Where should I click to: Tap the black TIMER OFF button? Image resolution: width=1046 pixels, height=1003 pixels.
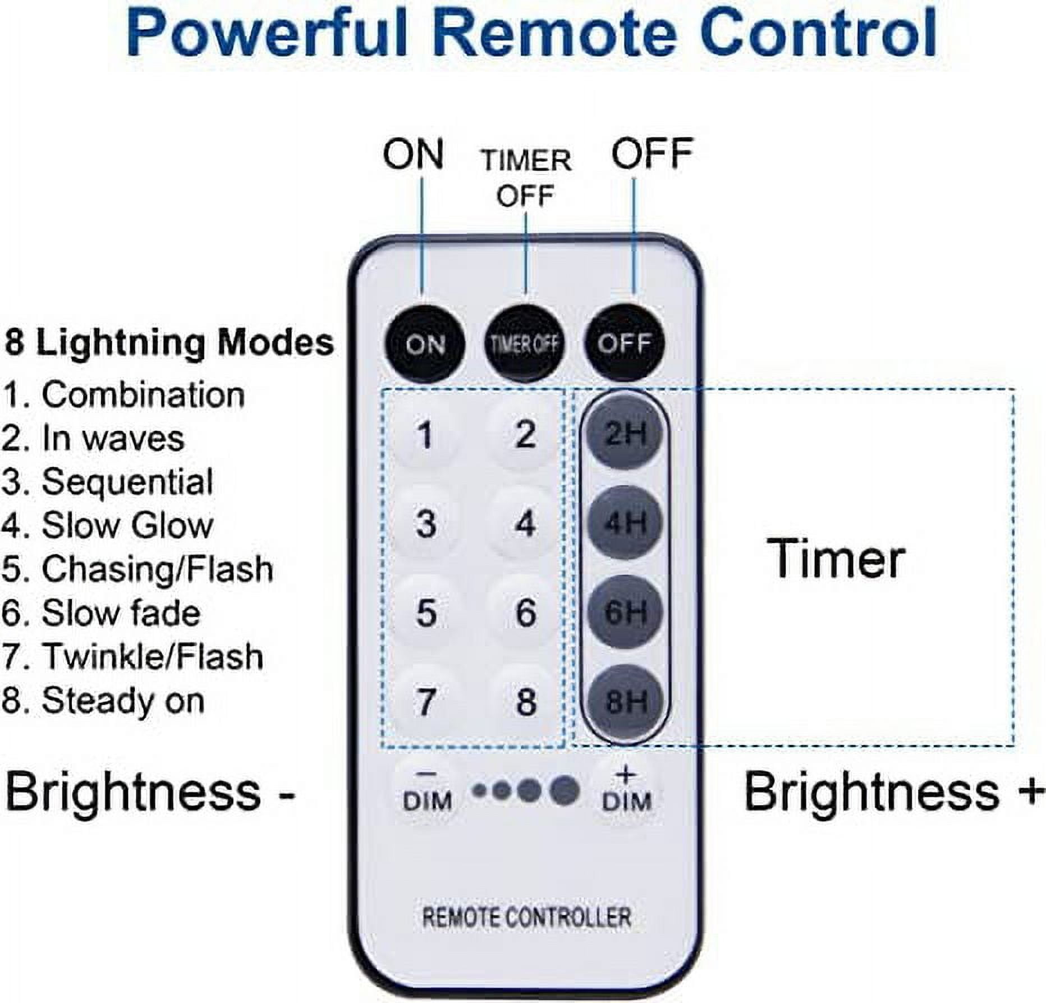[x=525, y=343]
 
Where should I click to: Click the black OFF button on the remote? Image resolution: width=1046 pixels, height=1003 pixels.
[x=624, y=343]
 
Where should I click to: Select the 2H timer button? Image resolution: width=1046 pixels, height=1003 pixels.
[x=625, y=434]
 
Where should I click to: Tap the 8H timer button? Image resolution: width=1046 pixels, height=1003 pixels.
[x=625, y=701]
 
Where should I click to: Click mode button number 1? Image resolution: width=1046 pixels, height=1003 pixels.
[x=425, y=434]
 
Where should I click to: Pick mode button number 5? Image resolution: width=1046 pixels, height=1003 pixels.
[x=426, y=612]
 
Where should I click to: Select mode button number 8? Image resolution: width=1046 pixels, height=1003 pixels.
[x=525, y=701]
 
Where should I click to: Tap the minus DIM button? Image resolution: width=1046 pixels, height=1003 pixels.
[x=427, y=790]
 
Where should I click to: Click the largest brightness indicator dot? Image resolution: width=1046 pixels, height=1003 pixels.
[x=565, y=790]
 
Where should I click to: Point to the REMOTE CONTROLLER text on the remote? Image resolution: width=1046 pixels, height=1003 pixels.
[x=526, y=917]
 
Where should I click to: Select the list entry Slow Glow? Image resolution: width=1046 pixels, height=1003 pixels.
[x=107, y=526]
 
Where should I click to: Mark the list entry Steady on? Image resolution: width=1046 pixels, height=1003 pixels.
[x=103, y=701]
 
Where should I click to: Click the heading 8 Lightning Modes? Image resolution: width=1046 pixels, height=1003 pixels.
[x=169, y=343]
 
